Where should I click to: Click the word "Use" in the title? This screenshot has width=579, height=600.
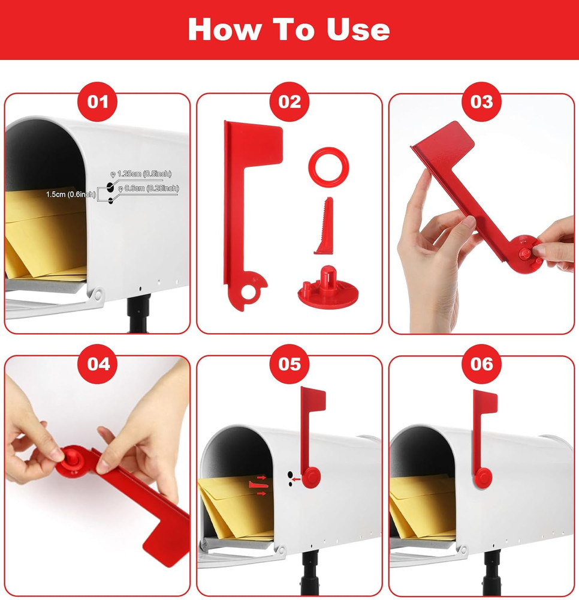(x=358, y=29)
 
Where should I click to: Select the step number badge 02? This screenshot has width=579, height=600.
(x=289, y=101)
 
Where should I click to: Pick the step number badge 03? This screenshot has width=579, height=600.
(x=481, y=101)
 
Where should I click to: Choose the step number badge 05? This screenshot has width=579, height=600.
(x=289, y=364)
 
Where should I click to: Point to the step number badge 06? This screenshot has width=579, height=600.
(x=481, y=364)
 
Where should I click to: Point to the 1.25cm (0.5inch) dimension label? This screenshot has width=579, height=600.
(x=144, y=174)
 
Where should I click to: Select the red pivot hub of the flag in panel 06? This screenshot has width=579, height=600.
(x=482, y=477)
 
